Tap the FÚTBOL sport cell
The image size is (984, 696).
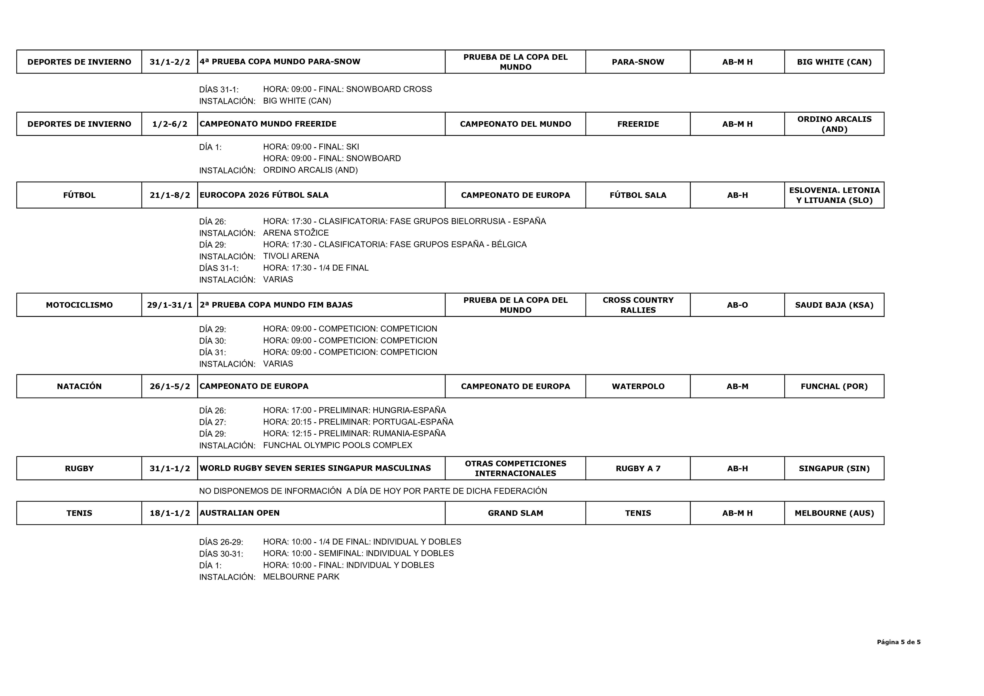tap(79, 195)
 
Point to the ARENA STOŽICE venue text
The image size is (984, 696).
tap(296, 233)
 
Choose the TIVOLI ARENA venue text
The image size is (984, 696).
tap(291, 256)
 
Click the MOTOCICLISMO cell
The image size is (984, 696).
tap(79, 305)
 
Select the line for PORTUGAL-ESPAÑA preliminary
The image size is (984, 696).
tap(358, 422)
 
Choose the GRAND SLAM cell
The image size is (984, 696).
tap(515, 513)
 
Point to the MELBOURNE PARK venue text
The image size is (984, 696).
tap(301, 576)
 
